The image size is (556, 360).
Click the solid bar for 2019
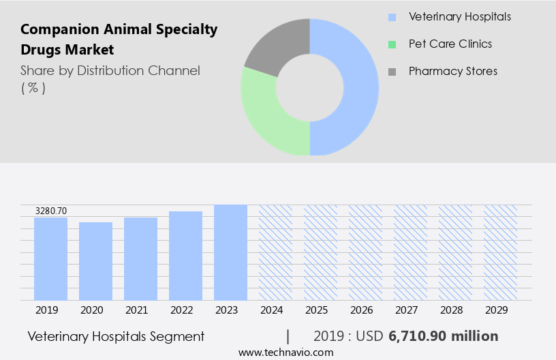tap(50, 259)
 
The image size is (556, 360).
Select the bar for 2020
tap(95, 261)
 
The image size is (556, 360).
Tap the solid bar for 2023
tap(230, 252)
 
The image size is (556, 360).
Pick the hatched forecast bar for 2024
tap(275, 252)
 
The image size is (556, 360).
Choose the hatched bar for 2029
tap(500, 252)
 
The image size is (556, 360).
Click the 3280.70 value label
tap(51, 211)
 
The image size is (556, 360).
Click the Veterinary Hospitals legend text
tap(459, 16)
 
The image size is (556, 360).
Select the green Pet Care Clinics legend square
tap(391, 44)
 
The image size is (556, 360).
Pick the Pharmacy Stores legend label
tap(452, 71)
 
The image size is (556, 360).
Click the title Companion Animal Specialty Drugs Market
tap(119, 40)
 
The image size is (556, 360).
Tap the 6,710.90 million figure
tap(443, 336)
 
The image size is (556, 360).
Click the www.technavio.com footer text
tap(285, 352)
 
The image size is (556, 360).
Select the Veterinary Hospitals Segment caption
tap(116, 336)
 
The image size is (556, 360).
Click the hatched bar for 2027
tap(410, 252)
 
